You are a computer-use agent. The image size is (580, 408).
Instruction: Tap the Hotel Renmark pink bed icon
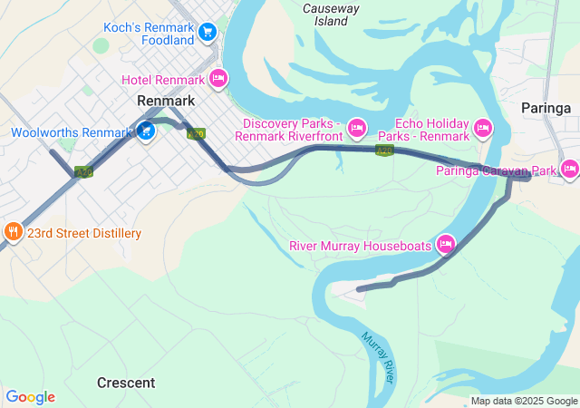(x=217, y=80)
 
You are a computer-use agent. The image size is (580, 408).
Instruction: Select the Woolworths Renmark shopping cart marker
(x=145, y=132)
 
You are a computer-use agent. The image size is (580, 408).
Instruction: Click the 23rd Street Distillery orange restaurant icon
(x=13, y=232)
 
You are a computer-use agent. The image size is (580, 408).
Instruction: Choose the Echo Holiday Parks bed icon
(x=482, y=129)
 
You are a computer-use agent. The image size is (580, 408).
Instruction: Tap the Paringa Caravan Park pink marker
(x=569, y=169)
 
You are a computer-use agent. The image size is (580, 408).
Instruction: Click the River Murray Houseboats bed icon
(x=445, y=244)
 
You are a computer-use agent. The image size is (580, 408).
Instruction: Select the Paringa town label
(x=546, y=108)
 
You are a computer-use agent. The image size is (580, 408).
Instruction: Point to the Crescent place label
(x=126, y=383)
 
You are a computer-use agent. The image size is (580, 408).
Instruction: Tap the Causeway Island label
(x=332, y=14)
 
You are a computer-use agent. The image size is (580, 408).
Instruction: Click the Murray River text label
(x=378, y=355)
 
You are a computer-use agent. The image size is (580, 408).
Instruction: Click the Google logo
(x=30, y=397)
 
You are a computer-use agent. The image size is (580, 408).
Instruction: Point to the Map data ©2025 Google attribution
(x=524, y=401)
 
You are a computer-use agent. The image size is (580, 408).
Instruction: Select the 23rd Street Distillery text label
(x=83, y=233)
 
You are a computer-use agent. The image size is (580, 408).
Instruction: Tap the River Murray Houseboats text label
(x=361, y=246)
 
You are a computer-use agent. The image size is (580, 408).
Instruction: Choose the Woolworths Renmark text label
(x=72, y=133)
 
